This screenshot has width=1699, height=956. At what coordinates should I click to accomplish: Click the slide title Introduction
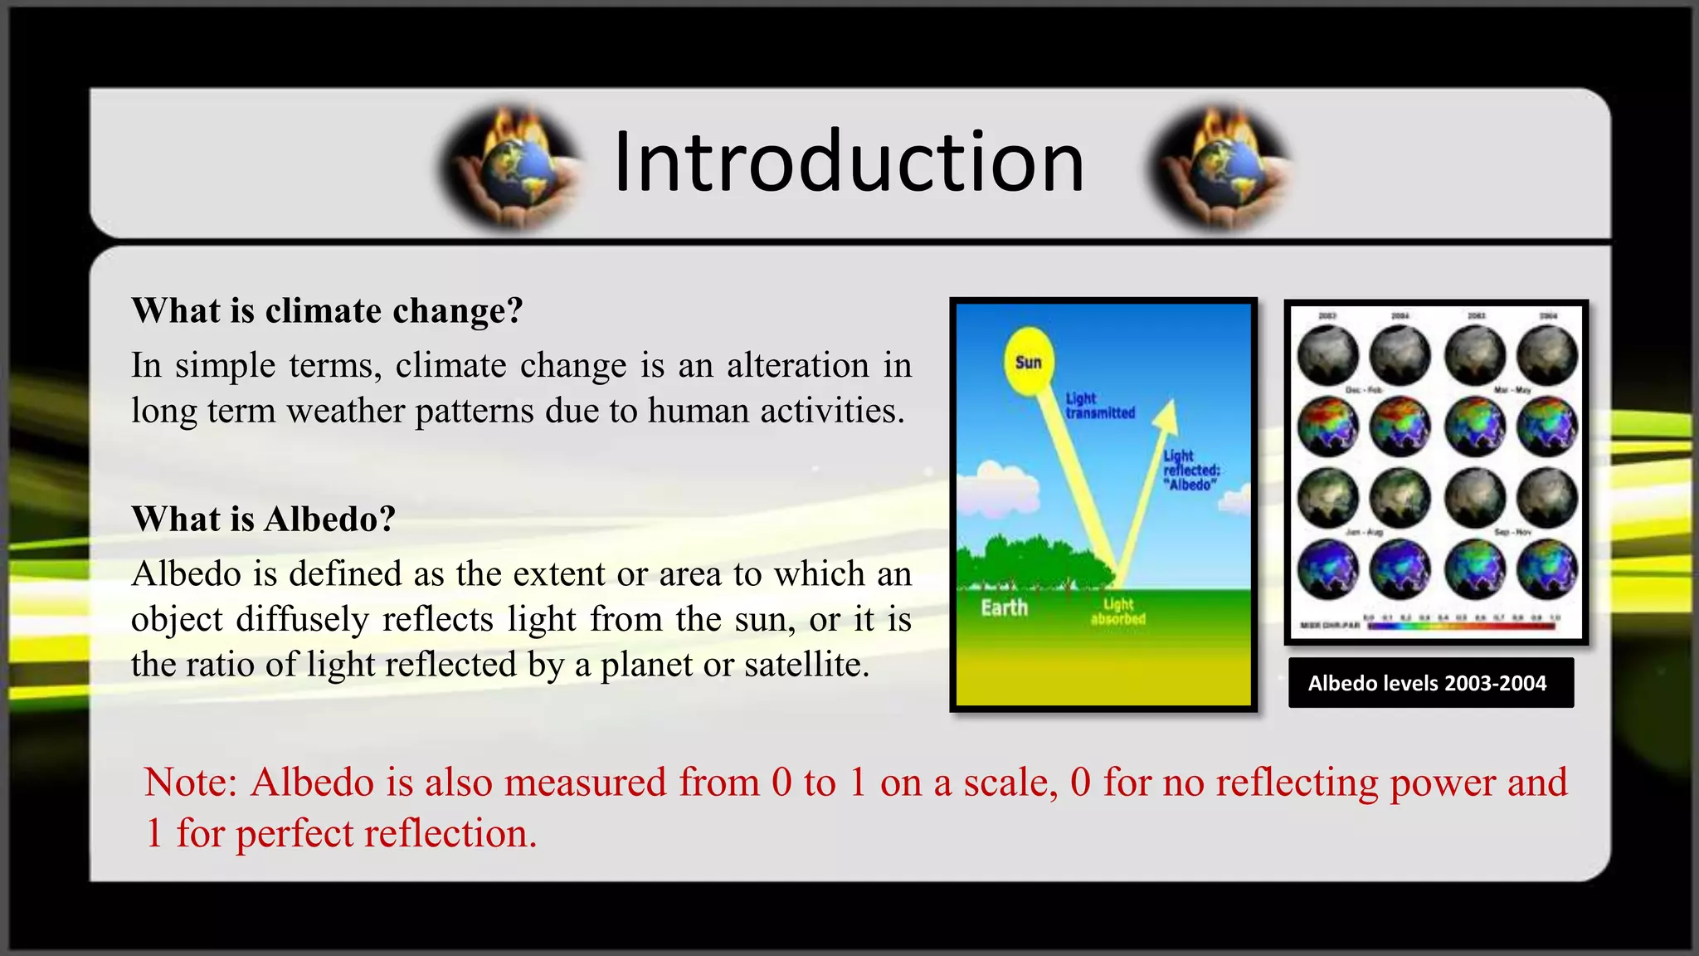(x=848, y=163)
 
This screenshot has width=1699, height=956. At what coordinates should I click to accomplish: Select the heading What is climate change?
(x=327, y=311)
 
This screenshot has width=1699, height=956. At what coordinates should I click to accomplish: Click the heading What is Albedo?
(x=263, y=519)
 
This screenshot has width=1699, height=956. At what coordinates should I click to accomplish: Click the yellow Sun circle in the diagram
(x=1029, y=362)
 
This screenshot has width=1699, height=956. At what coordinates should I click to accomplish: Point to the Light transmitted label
(x=1099, y=406)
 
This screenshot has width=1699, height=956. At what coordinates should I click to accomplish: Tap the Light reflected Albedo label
(x=1190, y=471)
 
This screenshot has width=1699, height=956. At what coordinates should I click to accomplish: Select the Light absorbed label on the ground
(x=1117, y=612)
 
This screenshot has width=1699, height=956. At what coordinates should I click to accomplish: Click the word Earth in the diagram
(x=1004, y=608)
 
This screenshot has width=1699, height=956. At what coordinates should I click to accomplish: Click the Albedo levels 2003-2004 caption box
(x=1430, y=683)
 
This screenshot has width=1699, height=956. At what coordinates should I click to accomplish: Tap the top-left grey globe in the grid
(x=1327, y=355)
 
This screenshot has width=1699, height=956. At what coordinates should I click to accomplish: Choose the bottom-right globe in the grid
(x=1547, y=569)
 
